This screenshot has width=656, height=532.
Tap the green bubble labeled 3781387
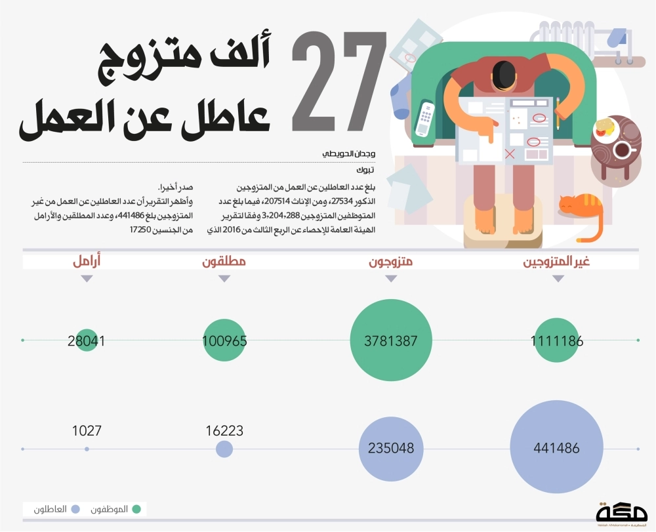[391, 340]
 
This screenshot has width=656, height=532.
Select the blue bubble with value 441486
[557, 449]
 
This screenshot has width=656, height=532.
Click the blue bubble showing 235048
[391, 449]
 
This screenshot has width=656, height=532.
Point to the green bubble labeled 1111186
[557, 340]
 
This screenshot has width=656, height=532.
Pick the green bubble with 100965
[224, 340]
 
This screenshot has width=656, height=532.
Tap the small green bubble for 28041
[87, 340]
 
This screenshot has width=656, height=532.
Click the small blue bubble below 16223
[224, 449]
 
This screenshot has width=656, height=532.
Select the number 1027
[87, 431]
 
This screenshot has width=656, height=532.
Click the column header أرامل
[87, 262]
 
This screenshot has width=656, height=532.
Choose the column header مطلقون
[224, 262]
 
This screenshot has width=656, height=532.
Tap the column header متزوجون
[391, 262]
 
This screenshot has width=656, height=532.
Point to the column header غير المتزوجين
[556, 262]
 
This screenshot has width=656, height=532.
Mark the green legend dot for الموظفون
[136, 509]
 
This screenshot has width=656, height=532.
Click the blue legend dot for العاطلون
[75, 509]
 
